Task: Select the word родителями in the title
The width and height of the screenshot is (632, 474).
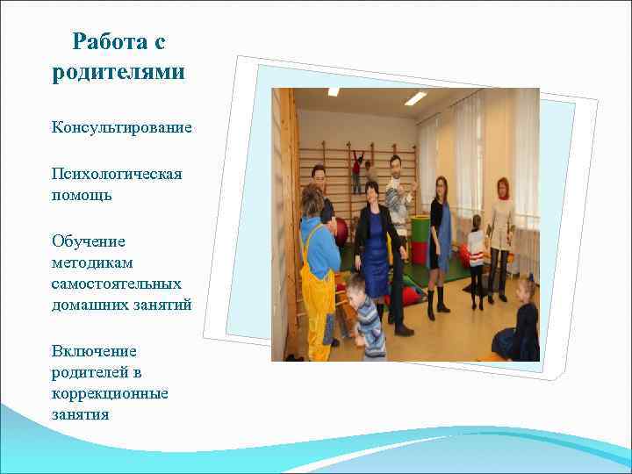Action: click(118, 71)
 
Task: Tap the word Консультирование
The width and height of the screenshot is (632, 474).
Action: click(121, 128)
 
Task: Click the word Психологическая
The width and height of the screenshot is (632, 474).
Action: click(116, 174)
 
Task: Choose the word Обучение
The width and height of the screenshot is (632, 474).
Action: click(87, 241)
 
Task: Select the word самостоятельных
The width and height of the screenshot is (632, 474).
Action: click(116, 283)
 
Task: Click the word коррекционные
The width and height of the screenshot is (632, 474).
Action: click(110, 392)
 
